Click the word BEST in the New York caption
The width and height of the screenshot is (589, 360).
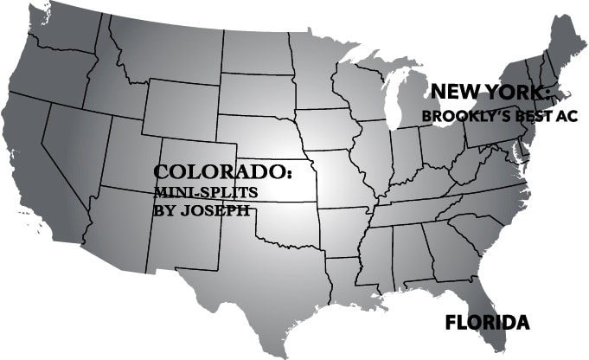tap(521, 115)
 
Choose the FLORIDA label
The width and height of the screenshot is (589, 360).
tap(487, 324)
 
